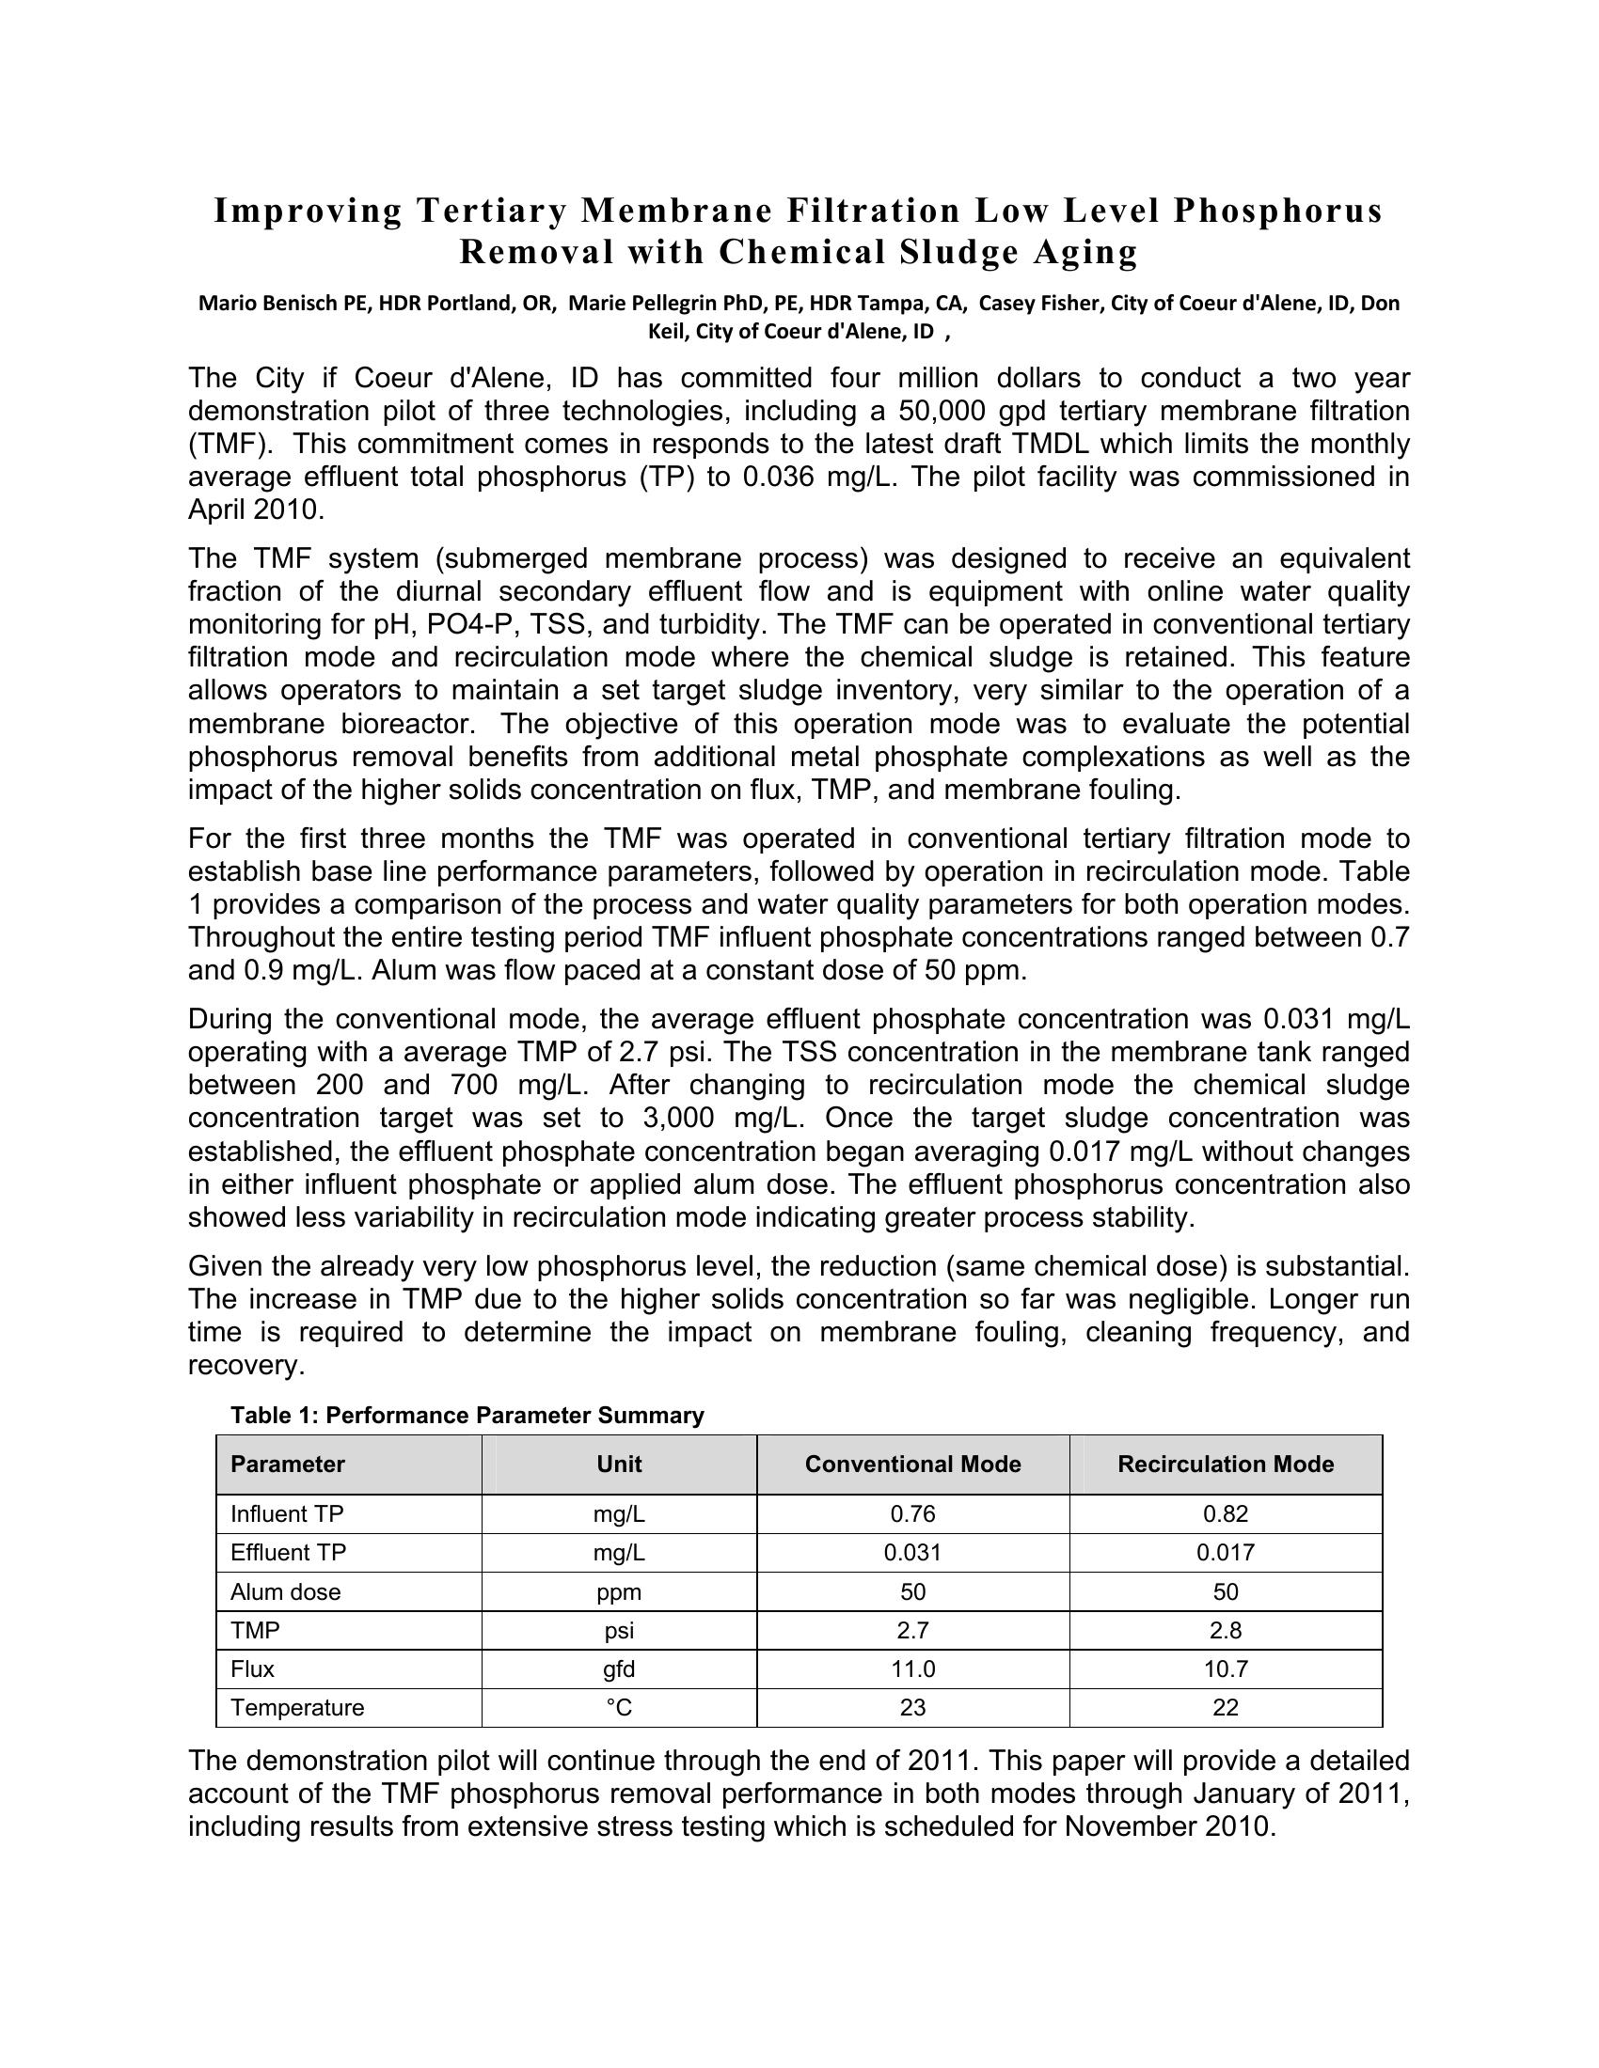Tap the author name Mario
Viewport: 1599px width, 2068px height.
225,303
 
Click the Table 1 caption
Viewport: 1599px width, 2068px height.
467,1416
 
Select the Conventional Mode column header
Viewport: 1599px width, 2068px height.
912,1465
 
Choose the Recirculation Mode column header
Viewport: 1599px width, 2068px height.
1225,1465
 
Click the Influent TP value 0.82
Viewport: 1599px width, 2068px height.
1225,1514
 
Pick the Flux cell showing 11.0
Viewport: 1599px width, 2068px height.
912,1669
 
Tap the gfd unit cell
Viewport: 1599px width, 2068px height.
619,1669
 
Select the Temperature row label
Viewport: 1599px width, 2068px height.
296,1708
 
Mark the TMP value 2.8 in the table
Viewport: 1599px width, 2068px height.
1225,1631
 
